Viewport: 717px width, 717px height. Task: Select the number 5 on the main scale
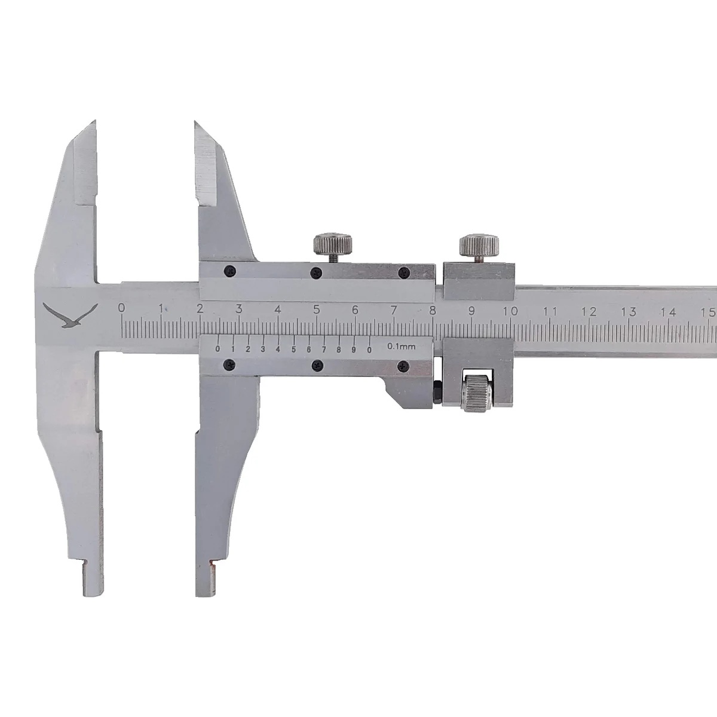tap(317, 309)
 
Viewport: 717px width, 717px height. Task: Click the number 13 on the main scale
tap(629, 311)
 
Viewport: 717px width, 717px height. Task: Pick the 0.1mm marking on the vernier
tap(402, 347)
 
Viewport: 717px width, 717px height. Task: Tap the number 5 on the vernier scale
tap(293, 350)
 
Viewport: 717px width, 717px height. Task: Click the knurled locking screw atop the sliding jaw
tap(333, 244)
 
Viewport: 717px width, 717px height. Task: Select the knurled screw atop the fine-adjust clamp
tap(479, 246)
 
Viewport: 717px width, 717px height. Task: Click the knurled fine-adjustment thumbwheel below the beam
tap(477, 393)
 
